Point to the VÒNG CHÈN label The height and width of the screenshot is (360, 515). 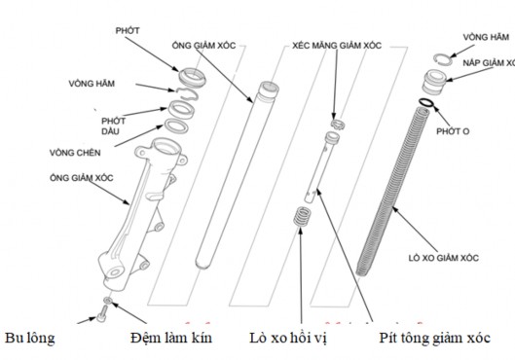[x=75, y=152]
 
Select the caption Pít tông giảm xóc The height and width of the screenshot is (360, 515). [x=435, y=338]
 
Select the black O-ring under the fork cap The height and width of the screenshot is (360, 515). [x=426, y=102]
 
